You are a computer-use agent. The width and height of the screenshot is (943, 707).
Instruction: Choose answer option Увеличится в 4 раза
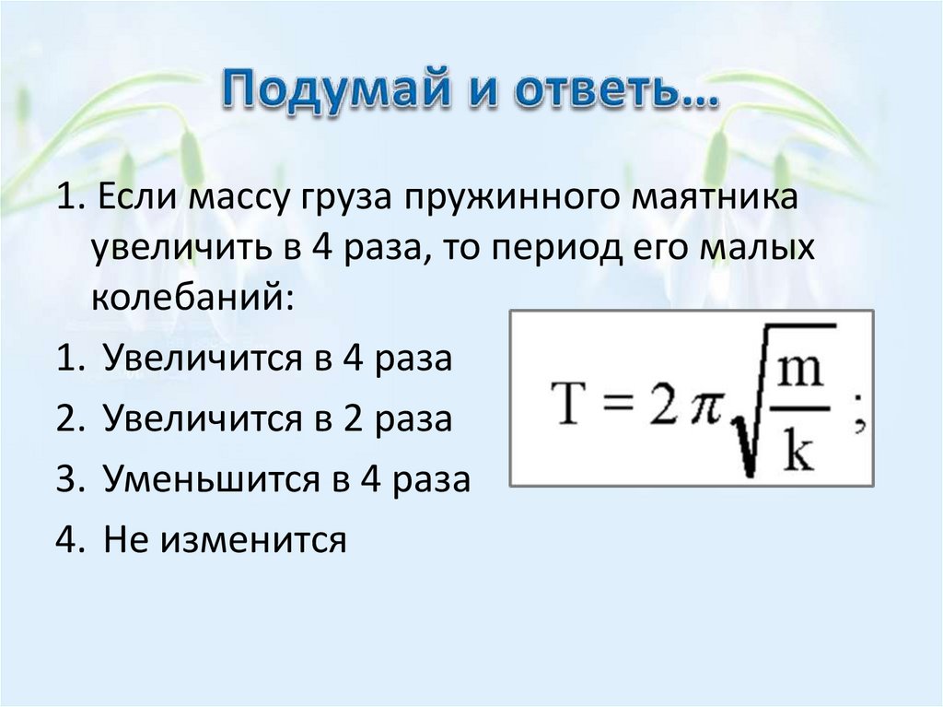277,357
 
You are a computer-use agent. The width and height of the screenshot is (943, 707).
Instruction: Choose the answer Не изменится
225,539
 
